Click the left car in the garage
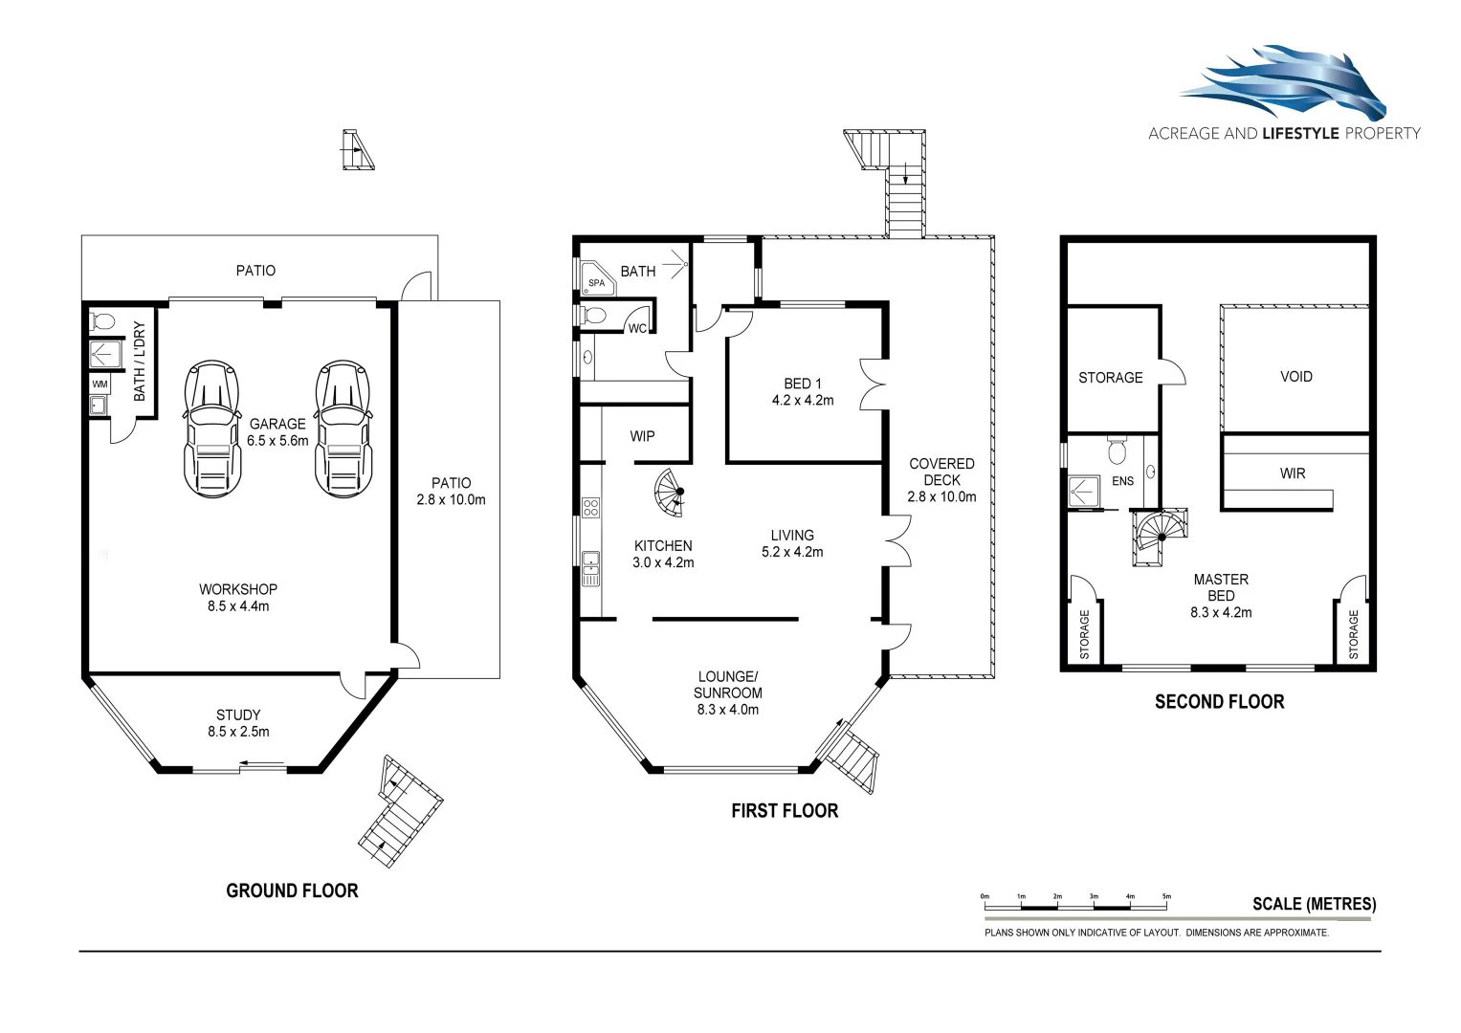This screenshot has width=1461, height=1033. point(210,429)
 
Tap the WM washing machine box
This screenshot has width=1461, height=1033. point(100,384)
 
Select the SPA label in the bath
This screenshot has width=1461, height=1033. point(596,283)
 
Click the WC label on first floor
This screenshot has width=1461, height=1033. point(637,328)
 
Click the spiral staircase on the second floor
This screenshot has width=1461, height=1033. point(1159,537)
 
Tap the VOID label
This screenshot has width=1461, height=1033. point(1295,377)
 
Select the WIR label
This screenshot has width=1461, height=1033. point(1292,473)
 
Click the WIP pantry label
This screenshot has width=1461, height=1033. point(642,436)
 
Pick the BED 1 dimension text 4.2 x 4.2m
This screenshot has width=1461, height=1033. point(802,401)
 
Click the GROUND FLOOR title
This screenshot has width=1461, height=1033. point(292,890)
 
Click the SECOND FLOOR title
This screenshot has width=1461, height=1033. point(1219,702)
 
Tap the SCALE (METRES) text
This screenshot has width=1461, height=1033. point(1314,904)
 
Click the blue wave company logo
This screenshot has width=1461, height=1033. point(1283,83)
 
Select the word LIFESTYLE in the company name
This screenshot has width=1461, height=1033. point(1300,134)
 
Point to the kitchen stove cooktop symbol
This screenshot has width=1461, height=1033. point(590,508)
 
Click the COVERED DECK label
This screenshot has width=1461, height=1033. point(941,472)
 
